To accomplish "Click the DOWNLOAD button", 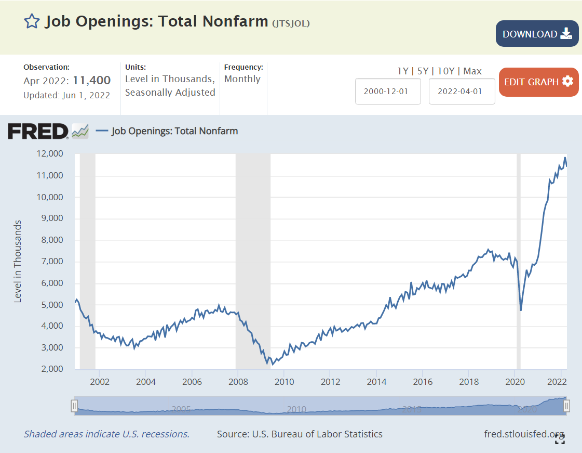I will point(537,34).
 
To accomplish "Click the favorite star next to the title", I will point(32,21).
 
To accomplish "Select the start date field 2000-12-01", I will point(388,91).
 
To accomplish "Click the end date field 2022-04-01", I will point(462,91).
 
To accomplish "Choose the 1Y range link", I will point(402,71).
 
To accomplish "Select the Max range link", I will point(472,71).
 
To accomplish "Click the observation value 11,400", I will point(91,81).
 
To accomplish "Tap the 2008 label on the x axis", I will point(238,381).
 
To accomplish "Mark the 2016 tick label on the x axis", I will point(423,381).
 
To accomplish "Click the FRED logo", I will point(38,131).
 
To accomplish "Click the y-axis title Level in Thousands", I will point(18,262).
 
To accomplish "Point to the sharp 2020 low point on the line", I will point(520,310).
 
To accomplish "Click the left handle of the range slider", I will point(75,405).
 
